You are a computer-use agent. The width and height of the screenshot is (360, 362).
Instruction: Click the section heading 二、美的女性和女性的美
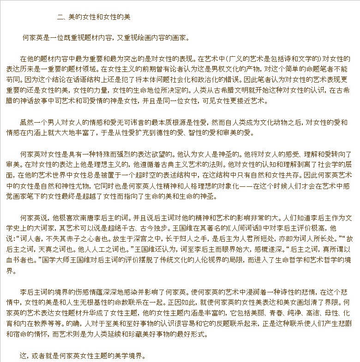pos(94,17)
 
